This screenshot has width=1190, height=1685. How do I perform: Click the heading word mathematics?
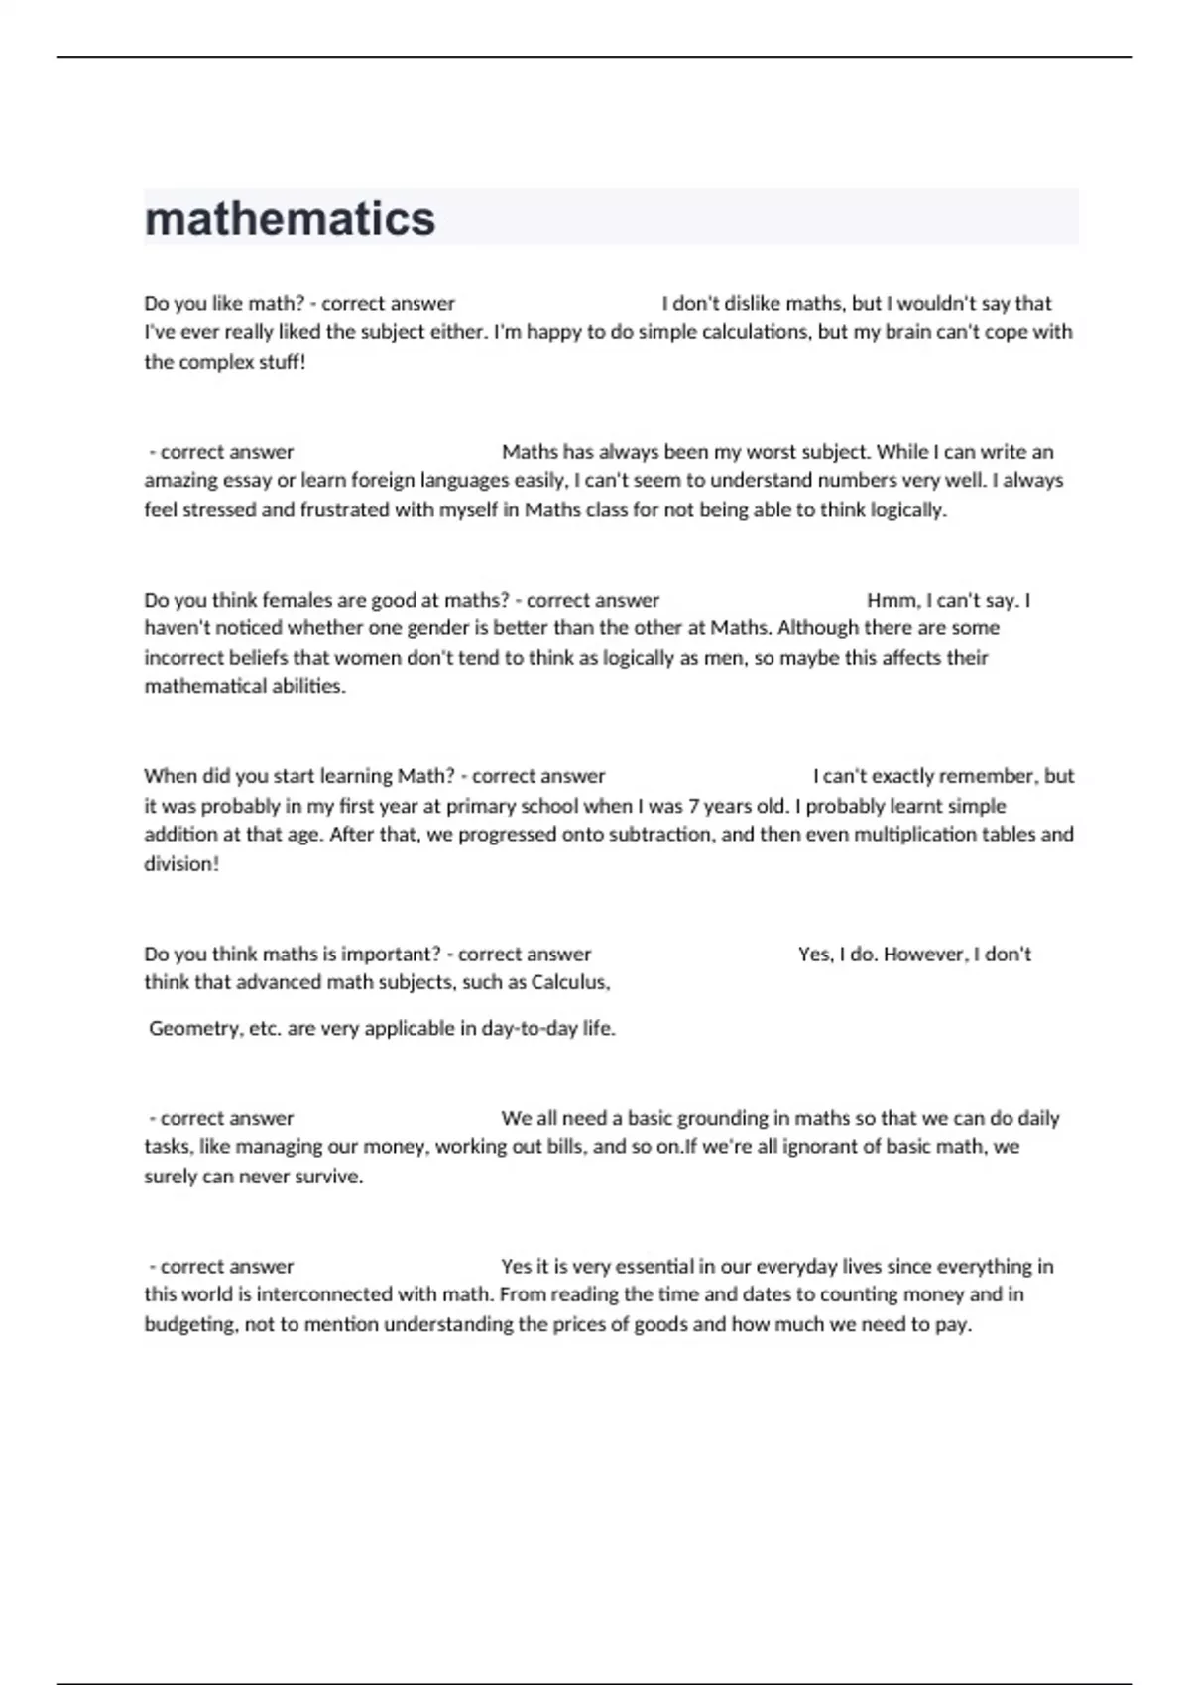click(x=290, y=219)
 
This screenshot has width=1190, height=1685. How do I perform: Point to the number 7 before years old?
click(x=693, y=806)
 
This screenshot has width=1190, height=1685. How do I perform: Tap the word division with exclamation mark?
click(x=180, y=864)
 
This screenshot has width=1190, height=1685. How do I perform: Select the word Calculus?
click(x=570, y=983)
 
